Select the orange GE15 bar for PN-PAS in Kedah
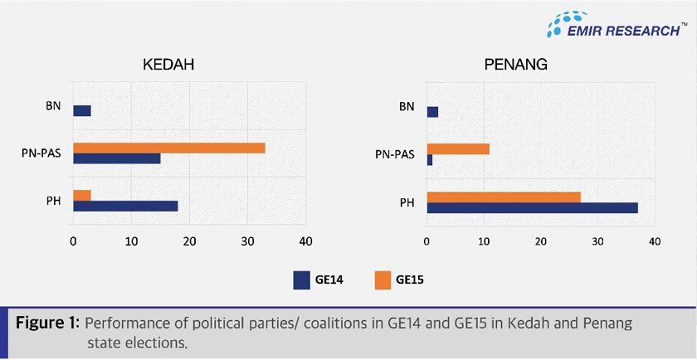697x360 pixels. [169, 148]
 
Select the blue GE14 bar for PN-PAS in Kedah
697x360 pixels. [117, 158]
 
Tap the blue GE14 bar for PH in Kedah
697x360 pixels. [125, 206]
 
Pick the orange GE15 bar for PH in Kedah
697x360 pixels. [82, 195]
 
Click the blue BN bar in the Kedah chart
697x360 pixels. [82, 111]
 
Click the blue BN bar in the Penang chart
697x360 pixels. [432, 112]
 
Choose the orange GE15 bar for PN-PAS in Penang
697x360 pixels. [458, 148]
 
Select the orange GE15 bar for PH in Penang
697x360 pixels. [504, 197]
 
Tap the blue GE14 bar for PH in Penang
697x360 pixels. [532, 207]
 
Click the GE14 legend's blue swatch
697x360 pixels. [302, 280]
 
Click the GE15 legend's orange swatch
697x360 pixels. [384, 280]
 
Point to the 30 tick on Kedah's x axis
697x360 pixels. [247, 241]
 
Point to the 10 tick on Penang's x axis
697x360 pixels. [483, 241]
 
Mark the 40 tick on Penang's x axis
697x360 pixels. [654, 241]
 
